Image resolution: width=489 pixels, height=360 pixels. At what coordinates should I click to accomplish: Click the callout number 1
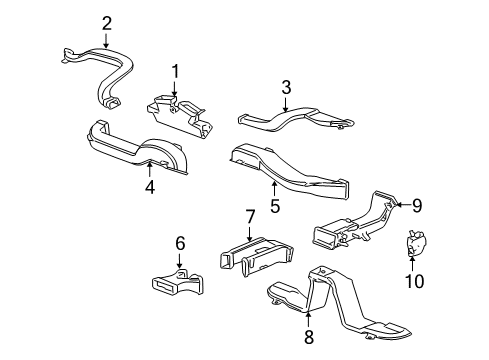click(x=174, y=72)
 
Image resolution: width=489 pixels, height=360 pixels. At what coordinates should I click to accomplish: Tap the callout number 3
click(x=286, y=88)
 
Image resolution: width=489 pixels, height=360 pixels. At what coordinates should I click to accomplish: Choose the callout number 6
click(x=180, y=242)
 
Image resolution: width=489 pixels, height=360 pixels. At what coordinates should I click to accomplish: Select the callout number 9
click(x=418, y=206)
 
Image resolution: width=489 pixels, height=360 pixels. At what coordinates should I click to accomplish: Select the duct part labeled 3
click(x=290, y=121)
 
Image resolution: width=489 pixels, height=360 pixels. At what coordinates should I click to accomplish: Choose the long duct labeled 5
click(x=290, y=171)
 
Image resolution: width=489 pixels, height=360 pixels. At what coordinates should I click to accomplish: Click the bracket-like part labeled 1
click(x=185, y=114)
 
